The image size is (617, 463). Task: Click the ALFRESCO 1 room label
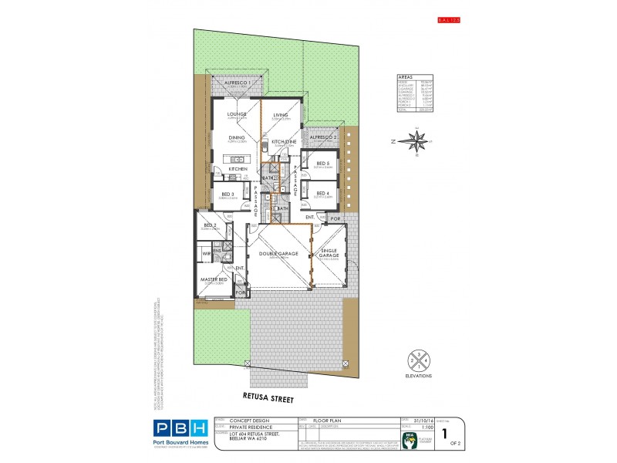[237, 81]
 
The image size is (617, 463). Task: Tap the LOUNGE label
[237, 114]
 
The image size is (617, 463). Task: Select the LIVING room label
[280, 115]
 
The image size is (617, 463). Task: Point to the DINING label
[237, 138]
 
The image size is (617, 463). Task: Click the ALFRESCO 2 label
[325, 137]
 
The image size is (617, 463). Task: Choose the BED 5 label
[322, 163]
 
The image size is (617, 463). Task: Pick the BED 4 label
[322, 193]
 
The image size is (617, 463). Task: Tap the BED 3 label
[228, 194]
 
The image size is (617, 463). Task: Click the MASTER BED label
[214, 279]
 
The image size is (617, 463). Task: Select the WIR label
[207, 252]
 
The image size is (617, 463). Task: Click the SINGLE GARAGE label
[330, 252]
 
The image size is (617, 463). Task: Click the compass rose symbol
[418, 141]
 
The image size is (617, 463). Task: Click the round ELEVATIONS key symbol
[416, 359]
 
